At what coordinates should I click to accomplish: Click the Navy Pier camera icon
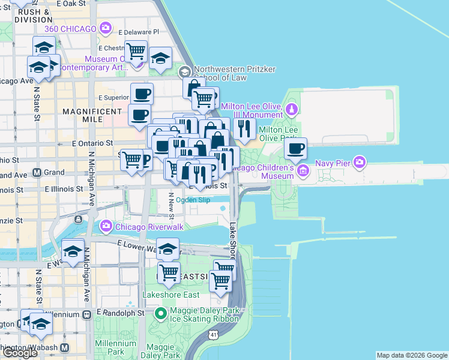pos(360,161)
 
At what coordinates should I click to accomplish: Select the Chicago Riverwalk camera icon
pos(106,226)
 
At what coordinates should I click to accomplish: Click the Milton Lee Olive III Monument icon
pos(291,109)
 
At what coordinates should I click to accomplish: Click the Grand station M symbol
pos(37,172)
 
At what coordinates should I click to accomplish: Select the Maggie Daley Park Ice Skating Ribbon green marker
pos(161,313)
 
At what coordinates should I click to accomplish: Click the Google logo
pos(20,353)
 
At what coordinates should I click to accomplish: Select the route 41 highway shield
pos(214,334)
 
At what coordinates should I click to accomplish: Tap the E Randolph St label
pos(124,313)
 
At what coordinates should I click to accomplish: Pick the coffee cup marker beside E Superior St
pos(142,94)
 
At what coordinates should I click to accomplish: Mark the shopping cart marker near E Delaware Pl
pos(136,52)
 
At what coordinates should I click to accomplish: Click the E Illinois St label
pos(65,188)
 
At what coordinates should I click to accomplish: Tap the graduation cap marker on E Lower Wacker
pos(168,248)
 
